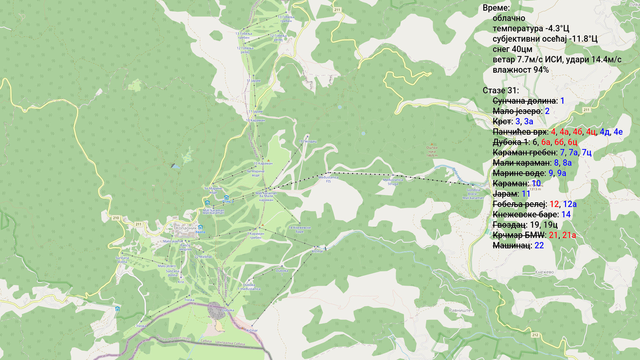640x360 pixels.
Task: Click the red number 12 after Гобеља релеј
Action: pyautogui.click(x=554, y=204)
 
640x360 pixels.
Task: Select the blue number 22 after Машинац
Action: pyautogui.click(x=539, y=245)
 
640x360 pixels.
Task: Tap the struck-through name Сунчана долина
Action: pyautogui.click(x=524, y=101)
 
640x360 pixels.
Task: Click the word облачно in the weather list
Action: pyautogui.click(x=509, y=18)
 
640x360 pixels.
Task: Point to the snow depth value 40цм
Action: pyautogui.click(x=522, y=49)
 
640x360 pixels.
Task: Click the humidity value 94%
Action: pyautogui.click(x=541, y=70)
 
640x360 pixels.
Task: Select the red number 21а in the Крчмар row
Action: pyautogui.click(x=569, y=235)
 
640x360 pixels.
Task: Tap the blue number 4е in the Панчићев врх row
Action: pyautogui.click(x=618, y=132)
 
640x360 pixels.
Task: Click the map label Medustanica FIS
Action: pyautogui.click(x=328, y=179)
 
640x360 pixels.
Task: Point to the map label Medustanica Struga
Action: pyautogui.click(x=393, y=182)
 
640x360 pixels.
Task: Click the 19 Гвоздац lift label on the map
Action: pyautogui.click(x=307, y=141)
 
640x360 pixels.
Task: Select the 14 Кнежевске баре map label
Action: pyautogui.click(x=299, y=230)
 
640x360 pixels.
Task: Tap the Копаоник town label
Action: pyautogui.click(x=186, y=228)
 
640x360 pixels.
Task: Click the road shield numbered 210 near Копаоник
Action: pyautogui.click(x=116, y=218)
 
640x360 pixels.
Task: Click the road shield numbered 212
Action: pyautogui.click(x=535, y=335)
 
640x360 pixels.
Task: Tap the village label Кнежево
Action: pyautogui.click(x=544, y=272)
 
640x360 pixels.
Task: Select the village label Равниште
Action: pyautogui.click(x=460, y=310)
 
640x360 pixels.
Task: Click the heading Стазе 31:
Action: pyautogui.click(x=500, y=91)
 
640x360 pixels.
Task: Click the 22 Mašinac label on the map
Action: pyautogui.click(x=203, y=257)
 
